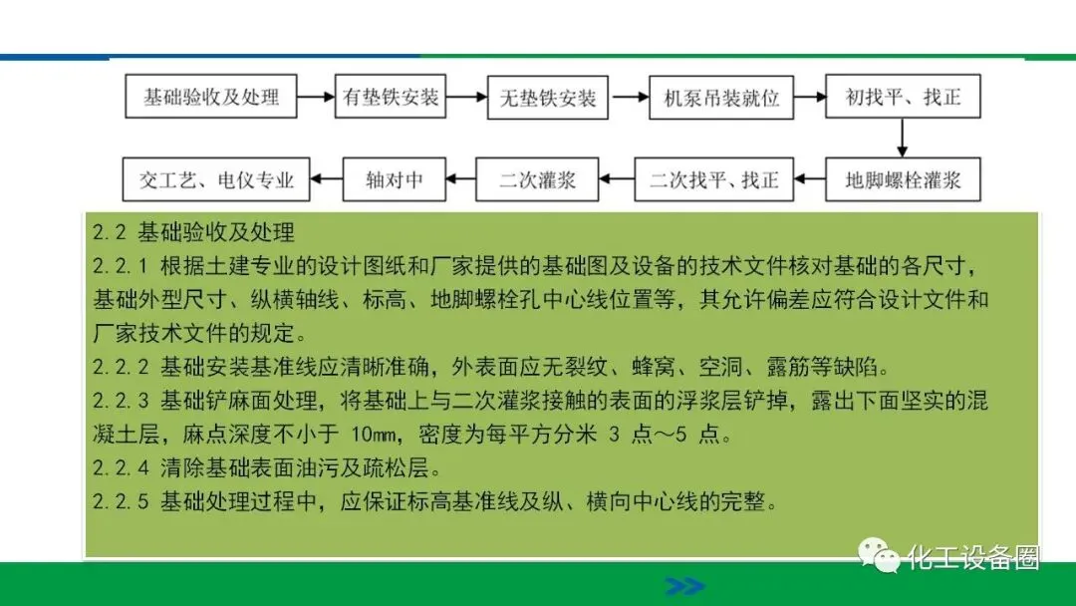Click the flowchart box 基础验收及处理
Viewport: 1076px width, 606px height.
click(211, 98)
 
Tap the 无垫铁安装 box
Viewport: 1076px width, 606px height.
click(547, 98)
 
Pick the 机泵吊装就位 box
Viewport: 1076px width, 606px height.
click(720, 98)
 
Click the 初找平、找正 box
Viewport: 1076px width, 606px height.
click(900, 98)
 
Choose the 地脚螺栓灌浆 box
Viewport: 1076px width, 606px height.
click(903, 180)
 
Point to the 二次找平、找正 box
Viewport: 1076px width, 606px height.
click(714, 180)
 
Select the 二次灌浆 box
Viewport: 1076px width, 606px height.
click(537, 180)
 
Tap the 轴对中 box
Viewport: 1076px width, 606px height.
click(395, 180)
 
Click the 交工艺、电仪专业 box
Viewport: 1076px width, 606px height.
click(216, 180)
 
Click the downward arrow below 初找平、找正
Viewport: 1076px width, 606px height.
click(901, 139)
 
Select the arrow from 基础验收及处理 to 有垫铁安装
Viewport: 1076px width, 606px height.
click(316, 98)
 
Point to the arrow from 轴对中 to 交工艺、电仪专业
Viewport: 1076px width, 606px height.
click(327, 180)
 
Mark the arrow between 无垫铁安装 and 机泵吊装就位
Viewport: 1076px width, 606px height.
click(628, 98)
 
